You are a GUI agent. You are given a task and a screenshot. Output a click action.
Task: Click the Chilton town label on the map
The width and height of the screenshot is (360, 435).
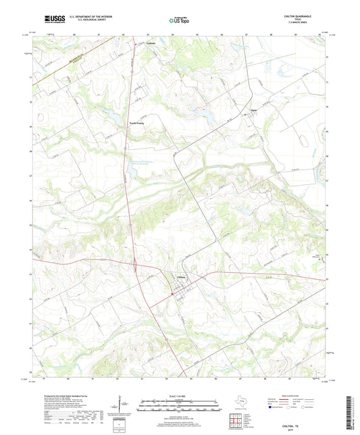[x=181, y=277]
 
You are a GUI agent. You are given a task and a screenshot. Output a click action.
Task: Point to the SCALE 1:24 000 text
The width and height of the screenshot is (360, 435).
[x=179, y=396]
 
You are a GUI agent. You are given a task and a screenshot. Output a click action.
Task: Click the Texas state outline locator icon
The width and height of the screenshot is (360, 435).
[x=240, y=403]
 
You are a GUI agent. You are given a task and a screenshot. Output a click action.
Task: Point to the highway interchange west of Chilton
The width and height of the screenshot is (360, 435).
[x=138, y=268]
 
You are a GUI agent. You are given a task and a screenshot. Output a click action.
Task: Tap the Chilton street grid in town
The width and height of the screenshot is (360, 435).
[x=180, y=291]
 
